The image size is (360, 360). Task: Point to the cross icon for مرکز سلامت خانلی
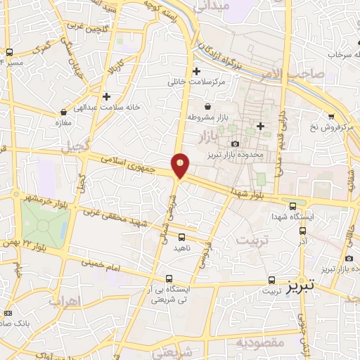point(196,71)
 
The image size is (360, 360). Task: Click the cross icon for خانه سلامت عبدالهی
point(106,96)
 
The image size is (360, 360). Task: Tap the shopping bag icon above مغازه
point(64,111)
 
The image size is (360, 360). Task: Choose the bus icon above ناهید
point(181,237)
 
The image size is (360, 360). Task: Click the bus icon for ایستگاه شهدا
point(293,205)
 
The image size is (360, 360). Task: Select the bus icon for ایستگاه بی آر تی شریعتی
point(167,278)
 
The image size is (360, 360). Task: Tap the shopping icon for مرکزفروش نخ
point(331,117)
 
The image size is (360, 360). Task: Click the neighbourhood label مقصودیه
point(259,342)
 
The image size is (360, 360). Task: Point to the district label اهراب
point(65,301)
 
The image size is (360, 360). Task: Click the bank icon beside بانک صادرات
point(8,312)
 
